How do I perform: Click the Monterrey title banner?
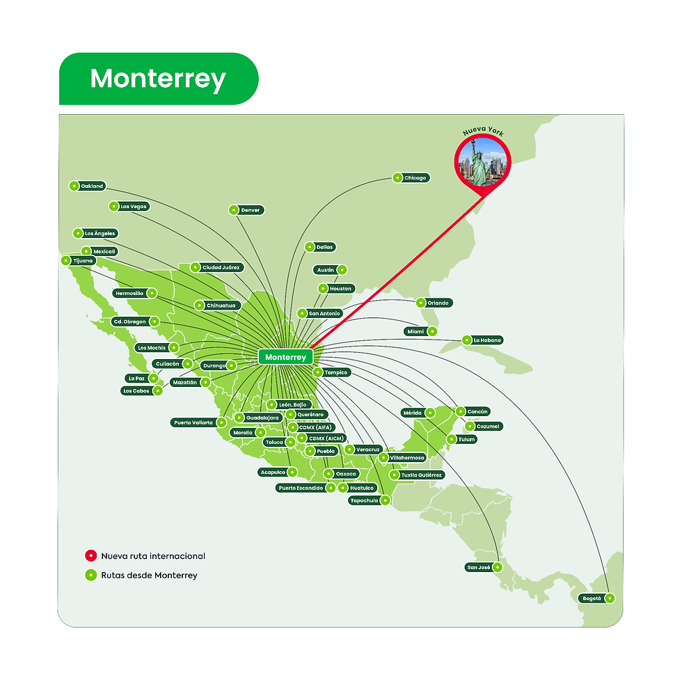tap(158, 79)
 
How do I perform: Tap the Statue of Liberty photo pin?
tap(482, 159)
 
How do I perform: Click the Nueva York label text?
tap(482, 131)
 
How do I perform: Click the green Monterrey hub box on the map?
tap(285, 357)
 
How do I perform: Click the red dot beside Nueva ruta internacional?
tap(90, 556)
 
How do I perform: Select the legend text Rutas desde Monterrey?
tap(149, 576)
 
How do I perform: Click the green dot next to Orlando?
tap(421, 303)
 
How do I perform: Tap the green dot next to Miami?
tap(431, 331)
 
